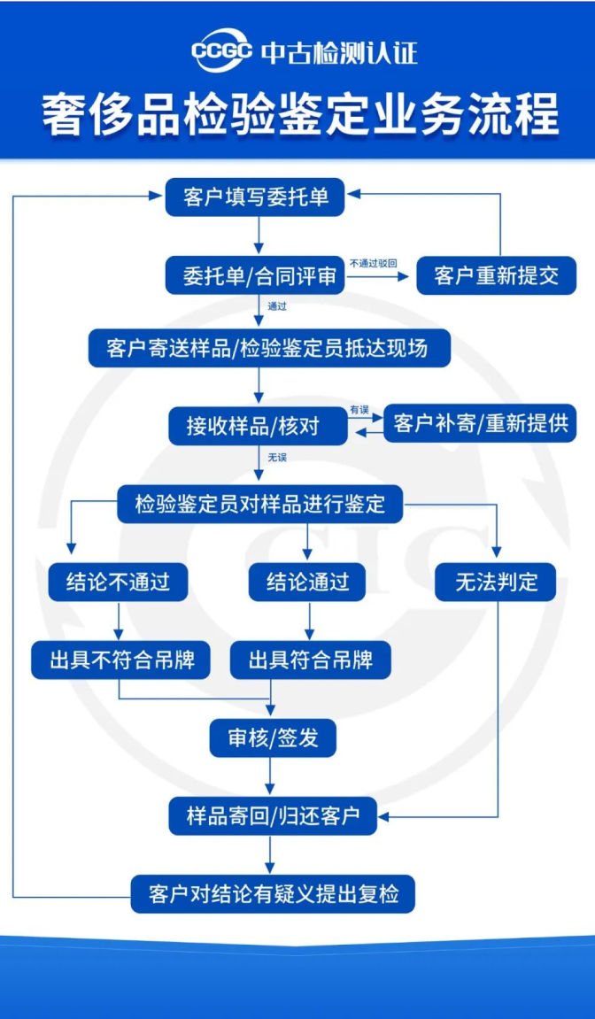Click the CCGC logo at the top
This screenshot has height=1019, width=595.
(221, 51)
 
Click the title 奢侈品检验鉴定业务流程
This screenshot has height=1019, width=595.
(300, 115)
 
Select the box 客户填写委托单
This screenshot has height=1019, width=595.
(256, 197)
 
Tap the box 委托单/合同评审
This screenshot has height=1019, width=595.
(256, 275)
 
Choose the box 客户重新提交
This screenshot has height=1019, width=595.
(496, 275)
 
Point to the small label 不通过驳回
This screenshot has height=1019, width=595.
(374, 264)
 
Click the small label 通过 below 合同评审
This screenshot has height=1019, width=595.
(277, 306)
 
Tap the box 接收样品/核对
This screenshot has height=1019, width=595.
(258, 426)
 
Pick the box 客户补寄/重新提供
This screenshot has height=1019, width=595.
(480, 423)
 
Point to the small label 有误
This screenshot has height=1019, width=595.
(359, 410)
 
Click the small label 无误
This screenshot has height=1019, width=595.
(277, 457)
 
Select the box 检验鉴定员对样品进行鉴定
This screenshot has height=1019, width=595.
(260, 503)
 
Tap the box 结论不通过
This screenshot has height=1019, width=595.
(119, 582)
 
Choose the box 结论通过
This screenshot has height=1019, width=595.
(308, 582)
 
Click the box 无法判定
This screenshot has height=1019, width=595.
(496, 582)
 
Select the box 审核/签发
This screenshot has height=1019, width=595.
(273, 737)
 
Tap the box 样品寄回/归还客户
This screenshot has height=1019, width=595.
(273, 815)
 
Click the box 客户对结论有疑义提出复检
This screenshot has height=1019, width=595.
(273, 893)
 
